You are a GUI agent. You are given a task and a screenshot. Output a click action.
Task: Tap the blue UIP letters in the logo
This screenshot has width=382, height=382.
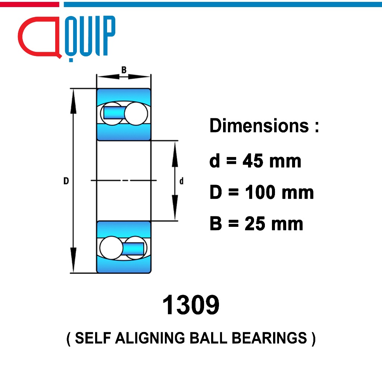[90, 36]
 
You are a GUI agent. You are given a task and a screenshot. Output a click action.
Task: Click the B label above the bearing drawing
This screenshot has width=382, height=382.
[124, 70]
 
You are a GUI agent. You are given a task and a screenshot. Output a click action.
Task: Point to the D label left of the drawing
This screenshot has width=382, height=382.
[66, 181]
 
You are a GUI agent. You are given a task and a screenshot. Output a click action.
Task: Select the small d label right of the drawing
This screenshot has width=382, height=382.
[181, 181]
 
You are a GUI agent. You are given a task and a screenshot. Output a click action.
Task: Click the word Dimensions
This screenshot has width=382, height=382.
[259, 126]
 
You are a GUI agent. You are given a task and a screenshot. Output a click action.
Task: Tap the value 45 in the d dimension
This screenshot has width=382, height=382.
[253, 161]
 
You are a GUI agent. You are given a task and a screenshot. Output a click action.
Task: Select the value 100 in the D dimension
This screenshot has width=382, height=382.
[260, 192]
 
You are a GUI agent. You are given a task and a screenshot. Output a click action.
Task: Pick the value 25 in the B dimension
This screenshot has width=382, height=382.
[255, 223]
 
